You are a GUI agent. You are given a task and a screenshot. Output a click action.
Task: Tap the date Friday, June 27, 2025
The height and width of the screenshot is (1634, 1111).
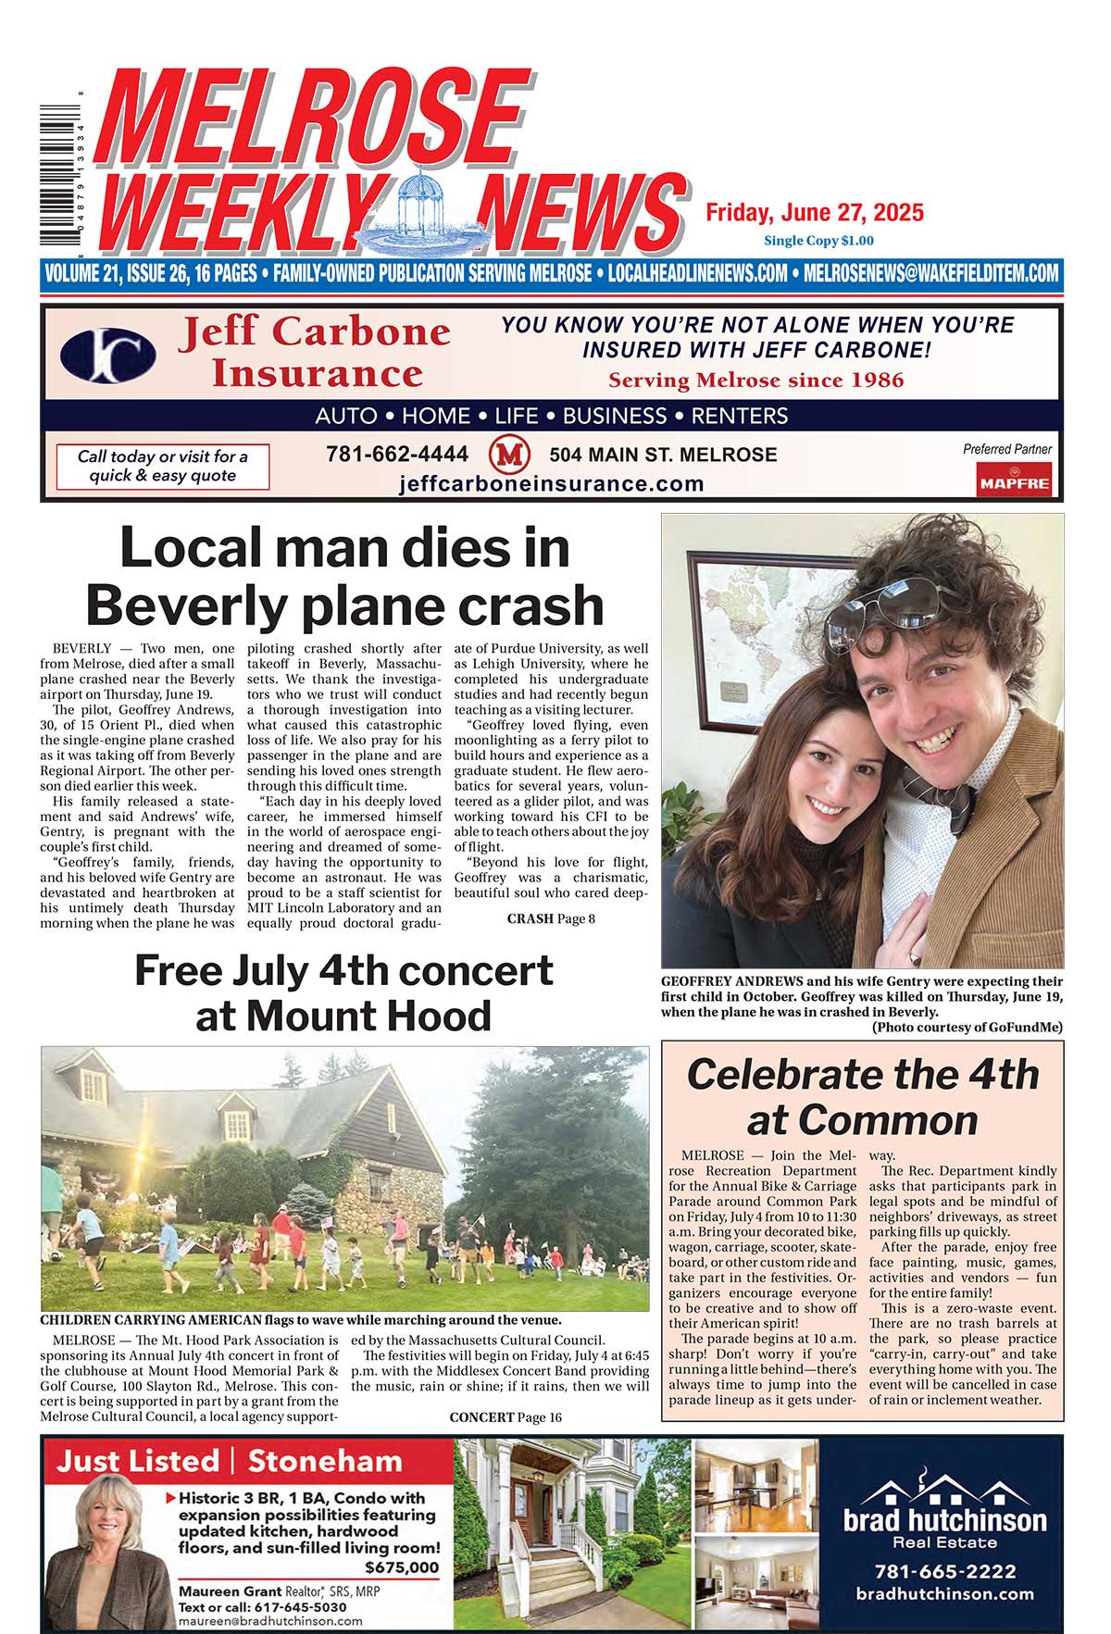(815, 213)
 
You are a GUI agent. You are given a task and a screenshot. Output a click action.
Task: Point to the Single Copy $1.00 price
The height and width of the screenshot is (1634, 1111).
(818, 241)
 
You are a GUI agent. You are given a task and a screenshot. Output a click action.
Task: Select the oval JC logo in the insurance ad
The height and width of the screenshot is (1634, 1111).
(108, 355)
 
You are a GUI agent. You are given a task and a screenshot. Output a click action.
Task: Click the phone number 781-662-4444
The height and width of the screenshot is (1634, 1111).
(397, 455)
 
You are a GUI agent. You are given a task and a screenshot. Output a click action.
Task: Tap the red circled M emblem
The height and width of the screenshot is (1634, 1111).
(508, 455)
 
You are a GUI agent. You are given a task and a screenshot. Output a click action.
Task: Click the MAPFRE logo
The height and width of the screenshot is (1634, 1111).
(1015, 481)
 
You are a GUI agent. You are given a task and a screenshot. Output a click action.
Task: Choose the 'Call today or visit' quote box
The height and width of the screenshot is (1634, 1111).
(163, 466)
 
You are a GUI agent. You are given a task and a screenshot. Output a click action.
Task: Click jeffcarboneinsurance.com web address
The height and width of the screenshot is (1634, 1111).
(552, 483)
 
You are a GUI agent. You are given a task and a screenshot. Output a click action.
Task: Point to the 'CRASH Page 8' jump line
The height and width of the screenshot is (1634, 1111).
(551, 919)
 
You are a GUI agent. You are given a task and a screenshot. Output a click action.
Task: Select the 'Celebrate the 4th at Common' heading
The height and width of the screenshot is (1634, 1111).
(862, 1097)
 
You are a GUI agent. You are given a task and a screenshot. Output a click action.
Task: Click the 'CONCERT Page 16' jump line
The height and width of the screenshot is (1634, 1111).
(506, 1417)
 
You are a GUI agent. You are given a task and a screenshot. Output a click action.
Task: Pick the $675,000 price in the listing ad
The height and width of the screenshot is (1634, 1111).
(402, 1567)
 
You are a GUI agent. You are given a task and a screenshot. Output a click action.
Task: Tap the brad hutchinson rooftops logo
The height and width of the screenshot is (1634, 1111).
(944, 1491)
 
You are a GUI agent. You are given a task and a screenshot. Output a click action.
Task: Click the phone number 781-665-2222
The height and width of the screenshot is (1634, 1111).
(944, 1571)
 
